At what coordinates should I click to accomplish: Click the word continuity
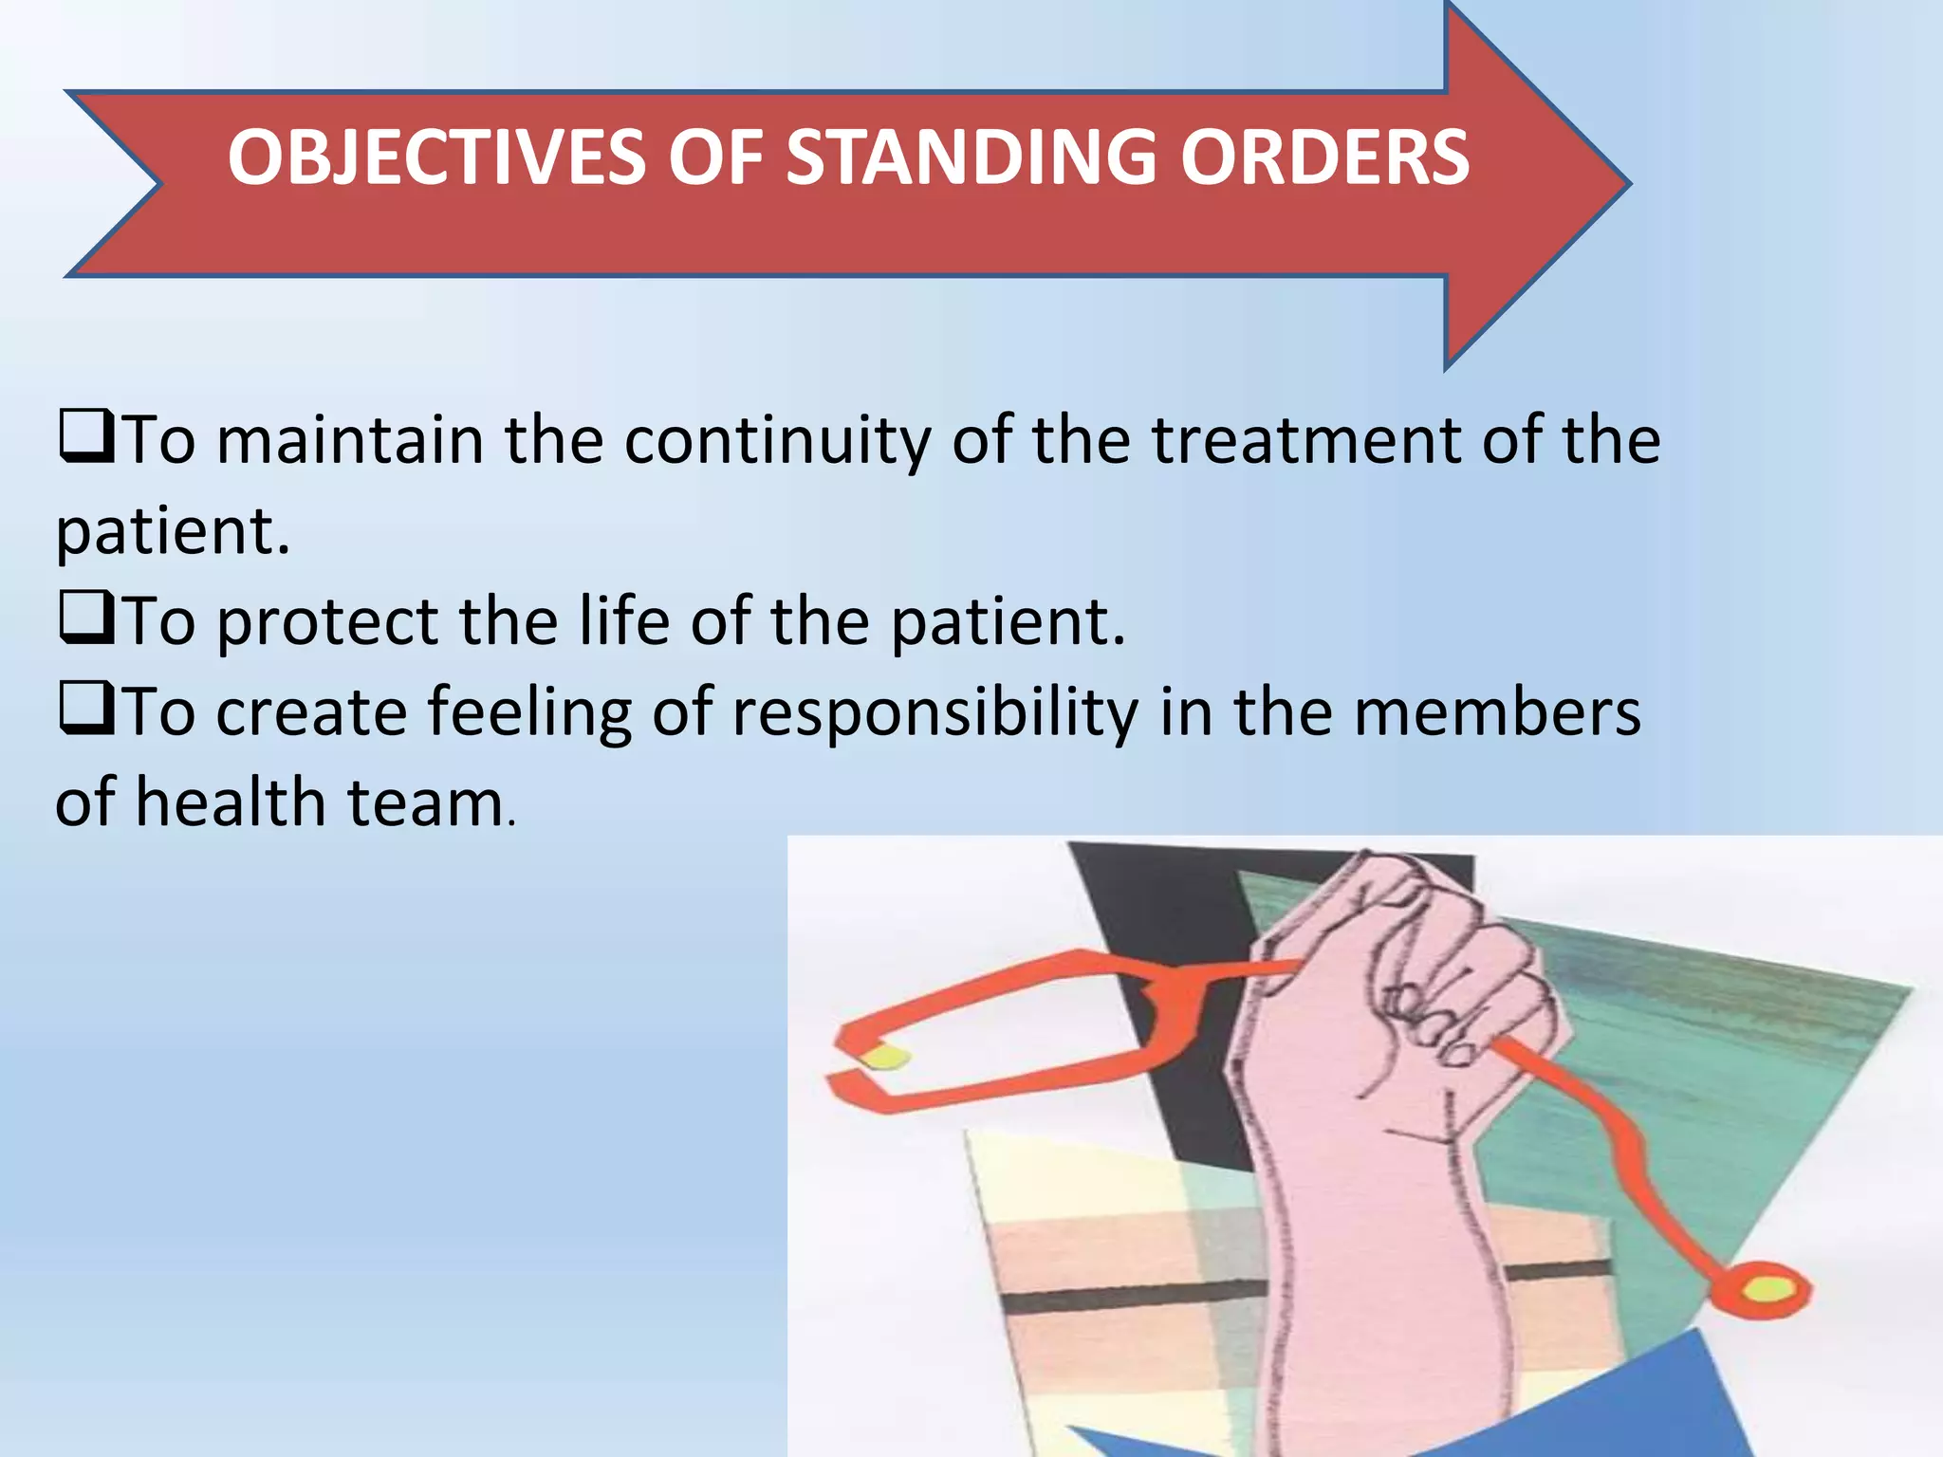[777, 440]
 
